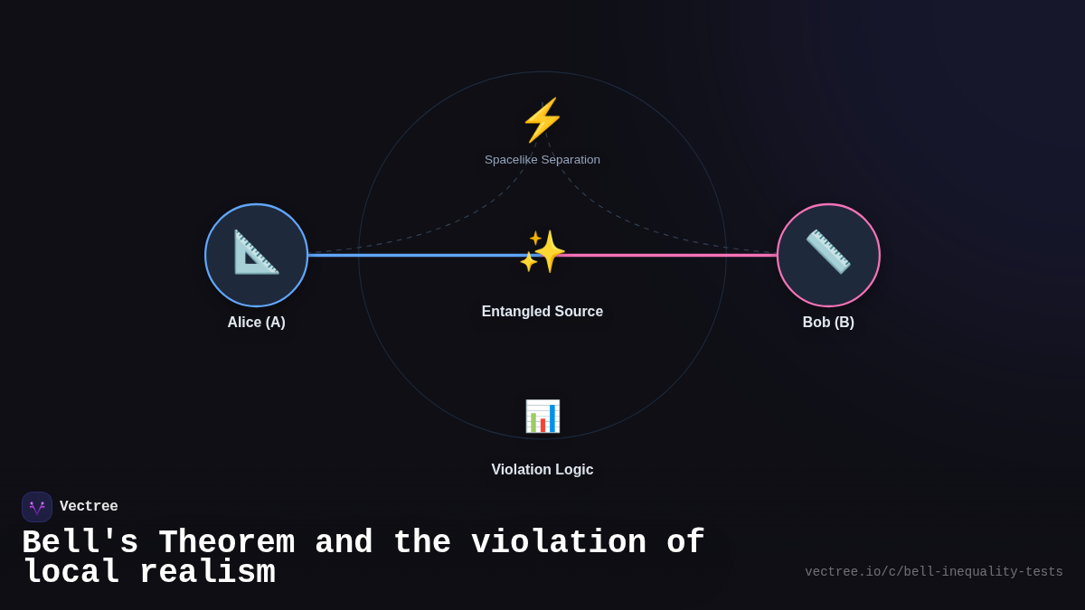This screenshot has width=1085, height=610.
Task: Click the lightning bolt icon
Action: pyautogui.click(x=542, y=120)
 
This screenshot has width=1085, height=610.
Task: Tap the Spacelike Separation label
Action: pyautogui.click(x=542, y=160)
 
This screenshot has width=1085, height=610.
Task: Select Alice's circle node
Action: pyautogui.click(x=256, y=255)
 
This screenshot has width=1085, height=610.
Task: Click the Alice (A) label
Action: pyautogui.click(x=256, y=323)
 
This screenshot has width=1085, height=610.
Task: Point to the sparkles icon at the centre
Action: pyautogui.click(x=542, y=252)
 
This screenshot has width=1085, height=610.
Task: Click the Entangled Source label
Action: pyautogui.click(x=542, y=312)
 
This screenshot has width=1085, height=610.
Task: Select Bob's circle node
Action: pyautogui.click(x=828, y=255)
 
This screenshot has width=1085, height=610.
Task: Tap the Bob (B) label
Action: pyautogui.click(x=828, y=323)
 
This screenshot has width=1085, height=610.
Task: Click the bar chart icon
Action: pyautogui.click(x=542, y=416)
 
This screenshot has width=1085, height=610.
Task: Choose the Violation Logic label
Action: pyautogui.click(x=542, y=470)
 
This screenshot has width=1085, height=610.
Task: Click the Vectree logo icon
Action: pyautogui.click(x=37, y=507)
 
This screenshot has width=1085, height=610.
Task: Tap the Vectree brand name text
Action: pyautogui.click(x=89, y=507)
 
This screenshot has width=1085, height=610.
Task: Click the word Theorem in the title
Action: pyautogui.click(x=226, y=543)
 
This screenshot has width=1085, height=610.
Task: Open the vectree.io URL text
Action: pyautogui.click(x=933, y=572)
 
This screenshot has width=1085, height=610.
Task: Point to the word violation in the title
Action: pyautogui.click(x=558, y=543)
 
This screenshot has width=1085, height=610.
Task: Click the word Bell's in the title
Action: pyautogui.click(x=80, y=543)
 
